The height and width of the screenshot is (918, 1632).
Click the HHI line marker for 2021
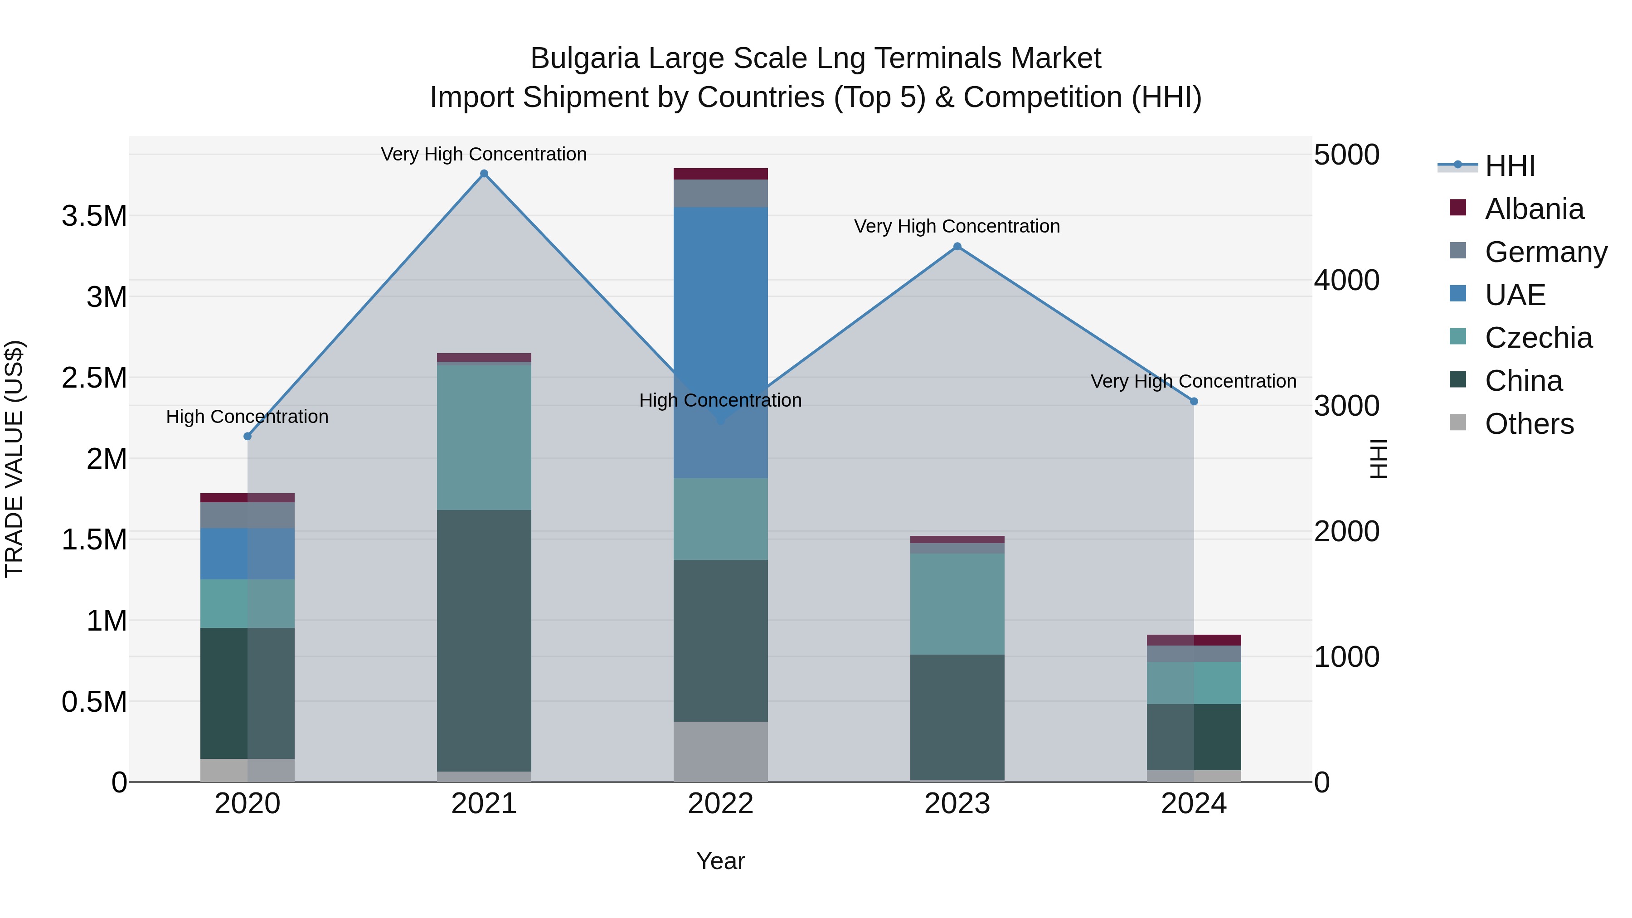click(x=484, y=174)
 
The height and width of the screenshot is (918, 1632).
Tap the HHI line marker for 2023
click(x=957, y=247)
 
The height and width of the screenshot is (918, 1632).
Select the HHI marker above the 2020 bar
click(x=248, y=437)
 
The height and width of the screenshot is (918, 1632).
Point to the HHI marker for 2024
click(x=1194, y=401)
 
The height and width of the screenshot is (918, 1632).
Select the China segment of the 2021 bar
click(x=484, y=640)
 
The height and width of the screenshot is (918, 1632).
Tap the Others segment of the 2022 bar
click(x=720, y=751)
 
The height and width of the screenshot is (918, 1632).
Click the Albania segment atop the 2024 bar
click(x=1194, y=640)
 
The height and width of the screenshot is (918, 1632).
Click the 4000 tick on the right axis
click(x=1346, y=280)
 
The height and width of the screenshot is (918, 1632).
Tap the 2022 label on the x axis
click(x=720, y=804)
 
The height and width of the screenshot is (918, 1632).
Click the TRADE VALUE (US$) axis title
click(x=14, y=459)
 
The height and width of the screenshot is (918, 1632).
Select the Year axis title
click(x=720, y=861)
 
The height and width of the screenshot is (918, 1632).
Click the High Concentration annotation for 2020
click(x=247, y=417)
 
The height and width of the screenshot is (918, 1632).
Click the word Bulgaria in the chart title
click(x=585, y=58)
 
